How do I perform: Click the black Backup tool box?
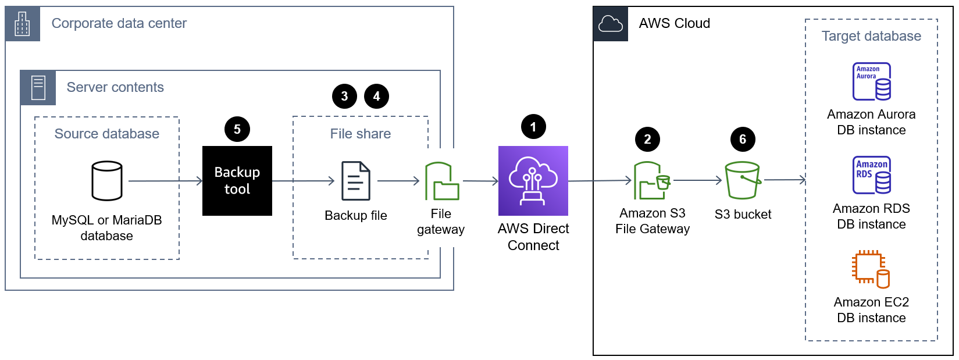[x=237, y=181]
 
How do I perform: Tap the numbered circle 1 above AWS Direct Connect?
[x=533, y=127]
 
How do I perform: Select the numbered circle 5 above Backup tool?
[x=237, y=129]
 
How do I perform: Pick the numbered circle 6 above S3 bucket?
[x=742, y=139]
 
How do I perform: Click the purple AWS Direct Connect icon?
[x=533, y=181]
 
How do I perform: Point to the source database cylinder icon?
[x=107, y=181]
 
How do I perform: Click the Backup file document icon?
[x=355, y=181]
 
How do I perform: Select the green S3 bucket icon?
[x=743, y=180]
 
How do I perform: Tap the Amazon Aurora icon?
[x=871, y=81]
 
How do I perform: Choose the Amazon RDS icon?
[x=871, y=175]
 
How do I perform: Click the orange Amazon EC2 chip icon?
[x=871, y=269]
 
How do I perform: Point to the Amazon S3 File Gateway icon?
[x=651, y=181]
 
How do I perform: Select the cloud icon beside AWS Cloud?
[x=610, y=24]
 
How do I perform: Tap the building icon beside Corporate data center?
[x=23, y=24]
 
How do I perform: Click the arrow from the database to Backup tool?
[x=165, y=181]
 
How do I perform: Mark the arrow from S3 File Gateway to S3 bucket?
[x=697, y=180]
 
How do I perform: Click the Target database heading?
[x=871, y=36]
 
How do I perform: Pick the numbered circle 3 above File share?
[x=344, y=96]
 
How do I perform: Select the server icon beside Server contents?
[x=38, y=88]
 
